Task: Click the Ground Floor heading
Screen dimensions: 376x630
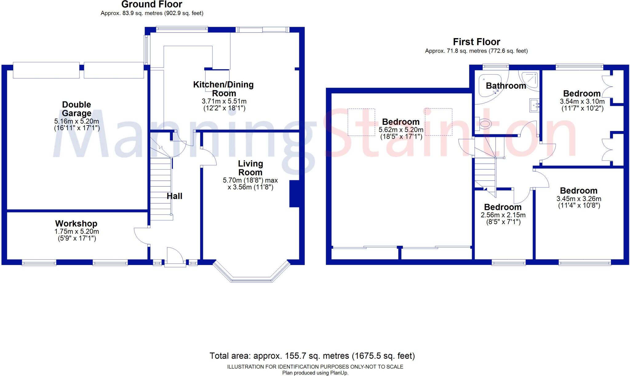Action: [x=152, y=4]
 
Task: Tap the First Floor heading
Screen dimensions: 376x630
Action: [x=476, y=42]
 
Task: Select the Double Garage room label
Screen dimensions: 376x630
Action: [x=77, y=109]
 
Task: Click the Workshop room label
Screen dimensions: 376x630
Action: [x=76, y=224]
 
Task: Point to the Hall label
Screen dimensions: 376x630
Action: [x=174, y=196]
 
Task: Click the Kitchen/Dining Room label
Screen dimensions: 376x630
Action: [x=224, y=89]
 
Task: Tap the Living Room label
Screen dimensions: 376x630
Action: [x=250, y=168]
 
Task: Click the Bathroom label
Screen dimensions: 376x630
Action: [x=506, y=86]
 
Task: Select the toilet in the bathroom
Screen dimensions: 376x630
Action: [x=484, y=124]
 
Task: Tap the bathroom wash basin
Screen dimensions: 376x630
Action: [x=534, y=105]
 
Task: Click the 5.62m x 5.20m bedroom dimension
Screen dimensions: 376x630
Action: [x=401, y=130]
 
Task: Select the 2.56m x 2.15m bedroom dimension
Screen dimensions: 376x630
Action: [x=503, y=215]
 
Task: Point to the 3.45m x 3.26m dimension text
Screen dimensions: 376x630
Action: [x=579, y=199]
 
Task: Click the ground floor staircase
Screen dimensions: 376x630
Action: [x=161, y=188]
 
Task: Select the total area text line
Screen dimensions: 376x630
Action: [x=312, y=356]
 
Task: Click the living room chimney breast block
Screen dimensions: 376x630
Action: [x=294, y=194]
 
